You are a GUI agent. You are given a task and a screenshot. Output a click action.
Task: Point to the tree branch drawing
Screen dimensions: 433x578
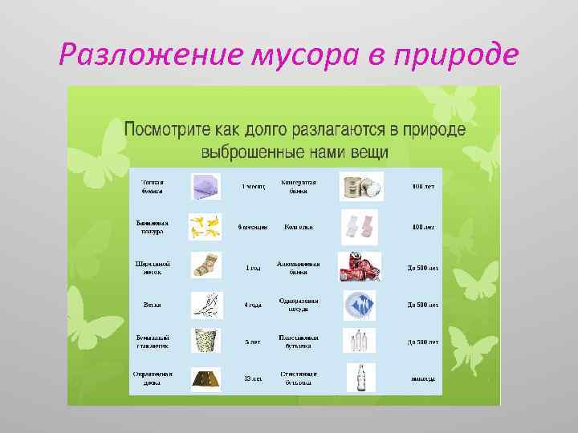coord(207,304)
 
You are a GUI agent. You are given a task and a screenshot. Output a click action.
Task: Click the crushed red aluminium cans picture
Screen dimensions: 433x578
coord(357,265)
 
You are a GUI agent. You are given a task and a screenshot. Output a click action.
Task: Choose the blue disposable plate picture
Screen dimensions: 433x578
coord(360,305)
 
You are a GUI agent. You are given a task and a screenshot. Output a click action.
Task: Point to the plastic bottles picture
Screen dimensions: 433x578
coord(359,341)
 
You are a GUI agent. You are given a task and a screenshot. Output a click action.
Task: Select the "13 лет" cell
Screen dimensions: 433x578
coord(252,378)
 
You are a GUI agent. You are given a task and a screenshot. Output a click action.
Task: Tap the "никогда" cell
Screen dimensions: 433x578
coord(422,378)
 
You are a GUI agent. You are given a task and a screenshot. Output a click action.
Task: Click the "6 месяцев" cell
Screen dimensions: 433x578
coord(252,227)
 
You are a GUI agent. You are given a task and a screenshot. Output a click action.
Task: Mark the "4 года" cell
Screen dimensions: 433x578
coord(252,305)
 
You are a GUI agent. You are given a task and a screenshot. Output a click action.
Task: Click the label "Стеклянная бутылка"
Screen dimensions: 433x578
coord(299,378)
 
